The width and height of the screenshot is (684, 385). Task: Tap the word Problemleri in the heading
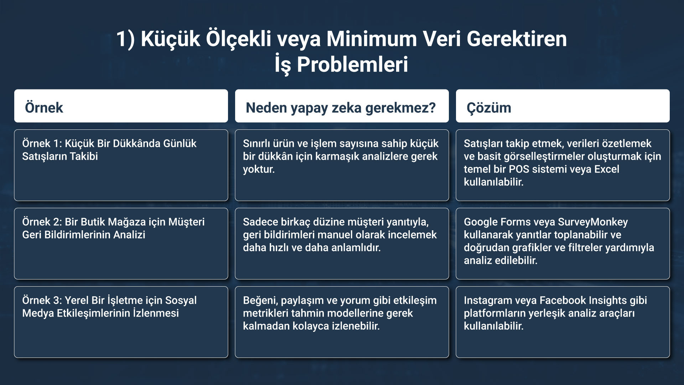(352, 65)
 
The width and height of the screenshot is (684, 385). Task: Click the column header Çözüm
(489, 108)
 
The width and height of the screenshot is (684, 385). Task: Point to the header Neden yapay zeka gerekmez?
(341, 108)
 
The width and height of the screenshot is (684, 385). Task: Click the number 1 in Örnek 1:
(57, 143)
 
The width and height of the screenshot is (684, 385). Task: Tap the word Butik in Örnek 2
(93, 222)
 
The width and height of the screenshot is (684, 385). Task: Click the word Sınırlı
(256, 143)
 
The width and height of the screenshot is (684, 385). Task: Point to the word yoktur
(259, 169)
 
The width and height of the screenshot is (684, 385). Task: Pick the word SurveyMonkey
(593, 222)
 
